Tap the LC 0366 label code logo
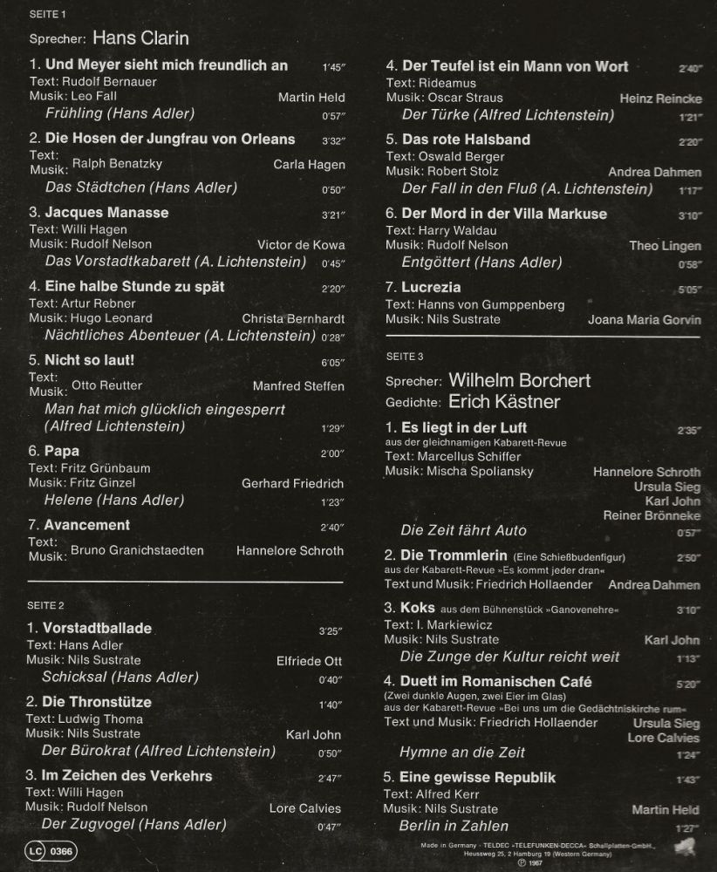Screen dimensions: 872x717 point(50,850)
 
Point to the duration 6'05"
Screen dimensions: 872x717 point(332,362)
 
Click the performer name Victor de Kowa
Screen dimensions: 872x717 point(301,245)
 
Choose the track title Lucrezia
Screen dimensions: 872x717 point(431,287)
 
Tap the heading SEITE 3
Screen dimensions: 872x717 point(404,356)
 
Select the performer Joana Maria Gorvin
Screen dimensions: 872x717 point(644,320)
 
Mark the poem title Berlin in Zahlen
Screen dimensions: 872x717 point(454,826)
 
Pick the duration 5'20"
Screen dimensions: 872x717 point(689,685)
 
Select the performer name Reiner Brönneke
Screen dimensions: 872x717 point(652,516)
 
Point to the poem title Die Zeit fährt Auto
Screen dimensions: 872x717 point(463,530)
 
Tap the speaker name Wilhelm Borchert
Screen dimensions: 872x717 point(519,380)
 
